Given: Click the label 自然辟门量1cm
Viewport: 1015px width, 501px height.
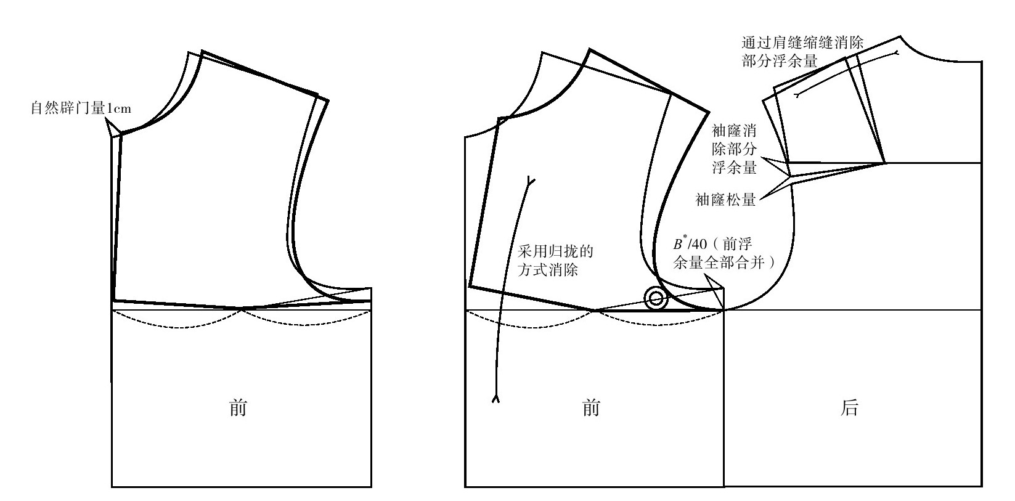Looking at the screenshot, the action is (81, 108).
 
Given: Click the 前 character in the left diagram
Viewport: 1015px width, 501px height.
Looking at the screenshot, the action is (238, 408).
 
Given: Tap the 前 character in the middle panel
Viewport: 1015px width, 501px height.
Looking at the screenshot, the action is (591, 408).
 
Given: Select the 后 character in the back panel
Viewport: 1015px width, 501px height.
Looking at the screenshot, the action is (849, 408).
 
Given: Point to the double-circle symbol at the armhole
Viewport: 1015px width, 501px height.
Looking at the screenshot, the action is (656, 298).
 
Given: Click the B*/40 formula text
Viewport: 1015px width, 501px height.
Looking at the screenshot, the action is (690, 243).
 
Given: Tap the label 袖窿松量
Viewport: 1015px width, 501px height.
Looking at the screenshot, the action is (726, 199).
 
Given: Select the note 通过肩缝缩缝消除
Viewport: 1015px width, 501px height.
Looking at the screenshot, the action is (802, 43).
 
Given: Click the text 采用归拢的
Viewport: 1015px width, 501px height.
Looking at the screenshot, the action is (555, 251).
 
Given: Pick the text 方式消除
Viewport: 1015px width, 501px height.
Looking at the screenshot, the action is (548, 270).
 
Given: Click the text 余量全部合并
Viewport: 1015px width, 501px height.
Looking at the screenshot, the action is (719, 263).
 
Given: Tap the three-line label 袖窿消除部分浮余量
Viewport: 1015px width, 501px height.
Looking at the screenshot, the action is (734, 149).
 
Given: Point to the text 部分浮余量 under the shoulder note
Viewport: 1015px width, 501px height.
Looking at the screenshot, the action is (780, 61).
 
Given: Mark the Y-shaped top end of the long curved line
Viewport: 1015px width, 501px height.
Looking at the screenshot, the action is (530, 181).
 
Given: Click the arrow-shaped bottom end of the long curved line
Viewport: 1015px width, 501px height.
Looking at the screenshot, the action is (495, 398).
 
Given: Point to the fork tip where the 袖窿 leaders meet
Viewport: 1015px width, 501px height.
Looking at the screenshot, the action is (790, 176).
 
